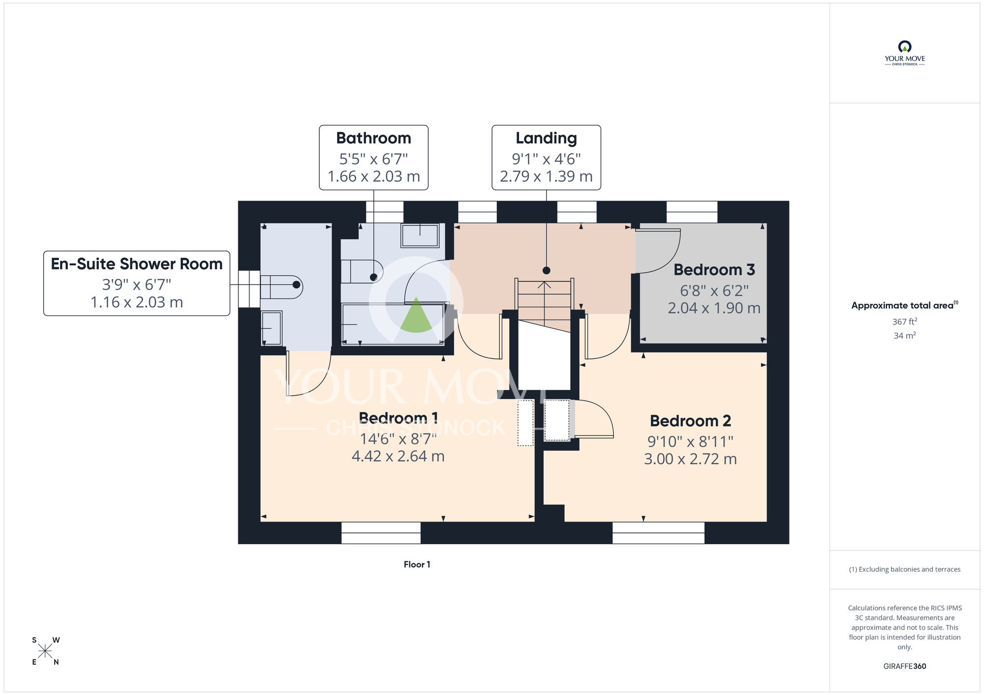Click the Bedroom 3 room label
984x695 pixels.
[x=714, y=270]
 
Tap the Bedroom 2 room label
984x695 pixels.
[x=690, y=421]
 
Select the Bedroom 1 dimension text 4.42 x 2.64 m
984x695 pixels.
[x=398, y=457]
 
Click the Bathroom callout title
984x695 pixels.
[x=373, y=139]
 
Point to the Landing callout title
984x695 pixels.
[x=546, y=139]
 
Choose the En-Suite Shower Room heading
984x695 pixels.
[x=137, y=264]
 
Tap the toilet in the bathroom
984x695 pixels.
[x=362, y=271]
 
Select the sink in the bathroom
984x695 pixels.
[x=420, y=235]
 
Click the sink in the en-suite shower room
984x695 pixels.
[x=271, y=328]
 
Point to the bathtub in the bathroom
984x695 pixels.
[x=394, y=324]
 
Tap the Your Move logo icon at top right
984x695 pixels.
[x=905, y=47]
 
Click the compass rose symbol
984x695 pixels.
[x=45, y=651]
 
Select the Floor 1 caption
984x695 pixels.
[x=417, y=565]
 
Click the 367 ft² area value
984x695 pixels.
[x=905, y=321]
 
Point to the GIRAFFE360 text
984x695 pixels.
[x=905, y=666]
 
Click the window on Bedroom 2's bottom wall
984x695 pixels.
[x=658, y=533]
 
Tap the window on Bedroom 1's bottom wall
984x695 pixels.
[x=381, y=533]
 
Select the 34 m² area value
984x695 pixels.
[x=905, y=336]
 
